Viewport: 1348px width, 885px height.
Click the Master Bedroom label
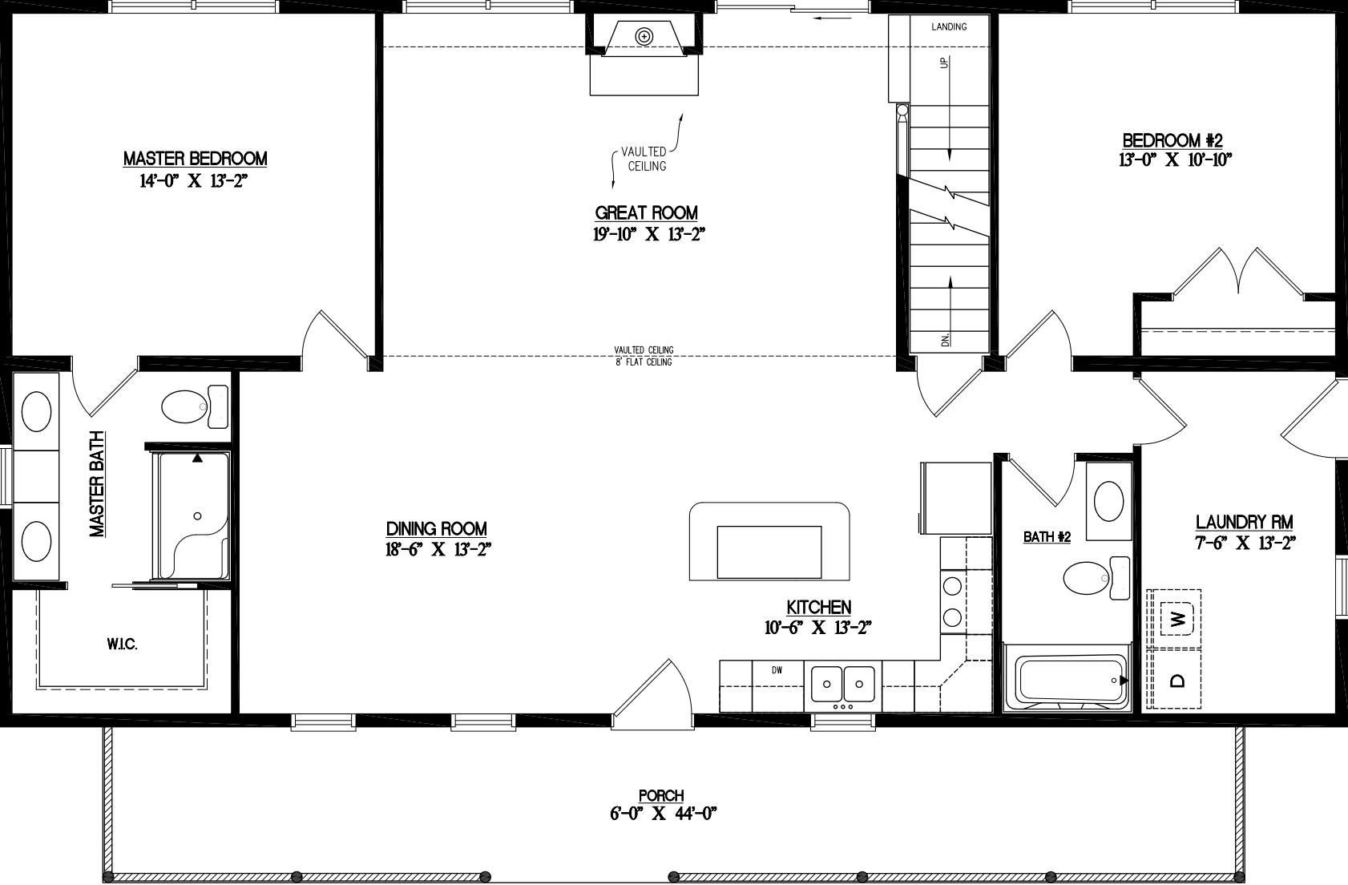[x=195, y=159]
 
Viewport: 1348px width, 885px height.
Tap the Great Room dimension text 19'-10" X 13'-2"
[x=648, y=234]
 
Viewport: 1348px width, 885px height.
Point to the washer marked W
[x=1176, y=618]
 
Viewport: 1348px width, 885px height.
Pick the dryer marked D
[x=1176, y=680]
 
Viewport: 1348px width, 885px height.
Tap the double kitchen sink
[x=842, y=684]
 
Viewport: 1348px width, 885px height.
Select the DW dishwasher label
[x=777, y=670]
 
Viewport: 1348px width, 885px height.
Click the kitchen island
[x=769, y=542]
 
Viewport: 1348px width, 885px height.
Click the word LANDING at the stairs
[x=949, y=27]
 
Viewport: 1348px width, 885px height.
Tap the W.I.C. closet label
[x=122, y=645]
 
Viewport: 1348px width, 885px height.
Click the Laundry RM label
[x=1244, y=522]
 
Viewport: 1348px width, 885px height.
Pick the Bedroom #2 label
[x=1172, y=139]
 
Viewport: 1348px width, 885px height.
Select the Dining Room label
[x=436, y=528]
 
